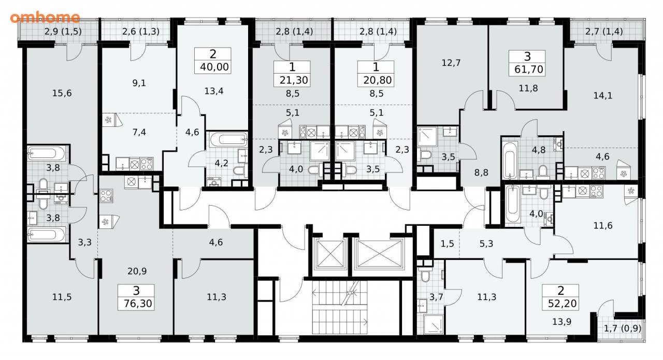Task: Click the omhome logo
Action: [x=45, y=18]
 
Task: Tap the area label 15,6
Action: [x=62, y=93]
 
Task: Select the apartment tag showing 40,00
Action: [x=213, y=61]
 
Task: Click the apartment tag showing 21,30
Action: [x=292, y=74]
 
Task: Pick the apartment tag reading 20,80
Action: [x=376, y=74]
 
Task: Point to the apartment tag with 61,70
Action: [x=527, y=63]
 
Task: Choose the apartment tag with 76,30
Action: [x=136, y=297]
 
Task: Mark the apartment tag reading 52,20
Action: [x=560, y=297]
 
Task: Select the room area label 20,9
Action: [x=137, y=271]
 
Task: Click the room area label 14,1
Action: [x=603, y=96]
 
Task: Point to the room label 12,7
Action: [x=451, y=63]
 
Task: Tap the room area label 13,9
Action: [x=562, y=322]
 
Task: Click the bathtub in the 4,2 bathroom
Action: [x=228, y=139]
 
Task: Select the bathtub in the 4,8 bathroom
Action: [x=511, y=161]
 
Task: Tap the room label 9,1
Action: [x=139, y=83]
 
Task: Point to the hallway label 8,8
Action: [x=481, y=172]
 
